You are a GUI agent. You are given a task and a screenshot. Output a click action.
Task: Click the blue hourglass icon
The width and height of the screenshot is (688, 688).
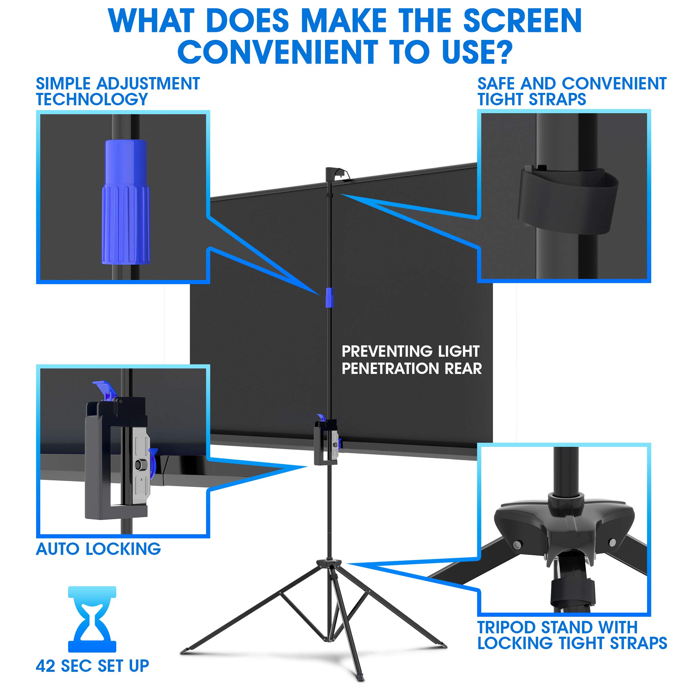(x=92, y=619)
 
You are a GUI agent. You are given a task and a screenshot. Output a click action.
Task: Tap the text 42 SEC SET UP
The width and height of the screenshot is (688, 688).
(x=92, y=666)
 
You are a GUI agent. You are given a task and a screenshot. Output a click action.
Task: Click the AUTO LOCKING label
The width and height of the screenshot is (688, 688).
(x=98, y=549)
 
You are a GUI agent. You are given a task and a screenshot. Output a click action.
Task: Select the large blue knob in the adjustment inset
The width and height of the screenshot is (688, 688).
(x=125, y=202)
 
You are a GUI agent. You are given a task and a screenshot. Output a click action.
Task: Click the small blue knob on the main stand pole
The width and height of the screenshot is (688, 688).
(x=330, y=297)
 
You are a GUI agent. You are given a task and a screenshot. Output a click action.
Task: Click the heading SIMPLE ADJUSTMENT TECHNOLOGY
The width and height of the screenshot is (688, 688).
(x=118, y=91)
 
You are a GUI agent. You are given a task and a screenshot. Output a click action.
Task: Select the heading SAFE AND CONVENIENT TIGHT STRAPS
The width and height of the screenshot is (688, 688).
(x=571, y=91)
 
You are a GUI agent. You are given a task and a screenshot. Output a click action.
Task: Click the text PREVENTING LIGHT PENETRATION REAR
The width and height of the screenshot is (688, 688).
(x=411, y=360)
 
